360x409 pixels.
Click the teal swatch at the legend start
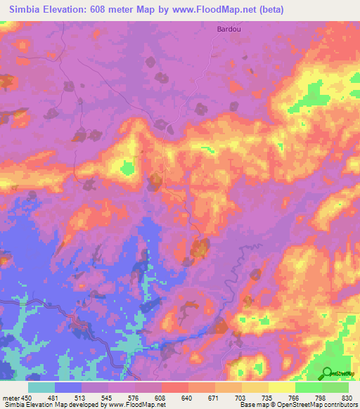[x=41, y=387]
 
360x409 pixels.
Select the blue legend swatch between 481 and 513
[x=68, y=387]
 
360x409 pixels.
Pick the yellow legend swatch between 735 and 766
[x=282, y=387]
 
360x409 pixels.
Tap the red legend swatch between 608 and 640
[x=175, y=387]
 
